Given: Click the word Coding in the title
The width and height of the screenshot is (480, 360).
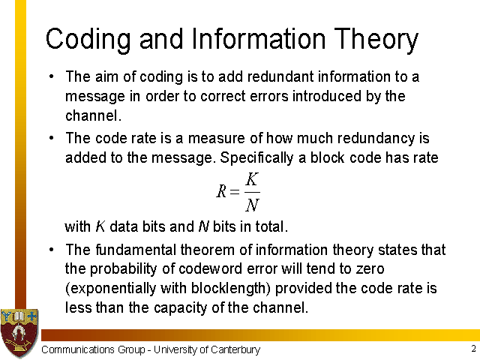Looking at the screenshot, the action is click(88, 40).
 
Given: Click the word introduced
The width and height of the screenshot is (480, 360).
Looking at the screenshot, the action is click(327, 96).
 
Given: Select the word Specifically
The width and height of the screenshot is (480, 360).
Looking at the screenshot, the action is click(256, 158).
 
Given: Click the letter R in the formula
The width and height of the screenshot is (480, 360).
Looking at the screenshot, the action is click(221, 191).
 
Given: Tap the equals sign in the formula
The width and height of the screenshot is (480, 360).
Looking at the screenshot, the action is click(235, 192).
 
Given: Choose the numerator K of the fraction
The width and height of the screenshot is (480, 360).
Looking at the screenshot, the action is click(252, 179).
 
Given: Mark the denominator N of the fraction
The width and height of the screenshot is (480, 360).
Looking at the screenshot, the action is click(252, 205).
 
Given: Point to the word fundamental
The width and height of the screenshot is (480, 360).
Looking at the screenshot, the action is click(136, 250).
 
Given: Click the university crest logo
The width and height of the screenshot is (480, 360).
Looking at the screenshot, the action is click(19, 333).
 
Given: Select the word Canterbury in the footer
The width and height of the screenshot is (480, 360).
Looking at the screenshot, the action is click(235, 349).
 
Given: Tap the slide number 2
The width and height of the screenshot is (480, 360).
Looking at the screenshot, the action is click(473, 349).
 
